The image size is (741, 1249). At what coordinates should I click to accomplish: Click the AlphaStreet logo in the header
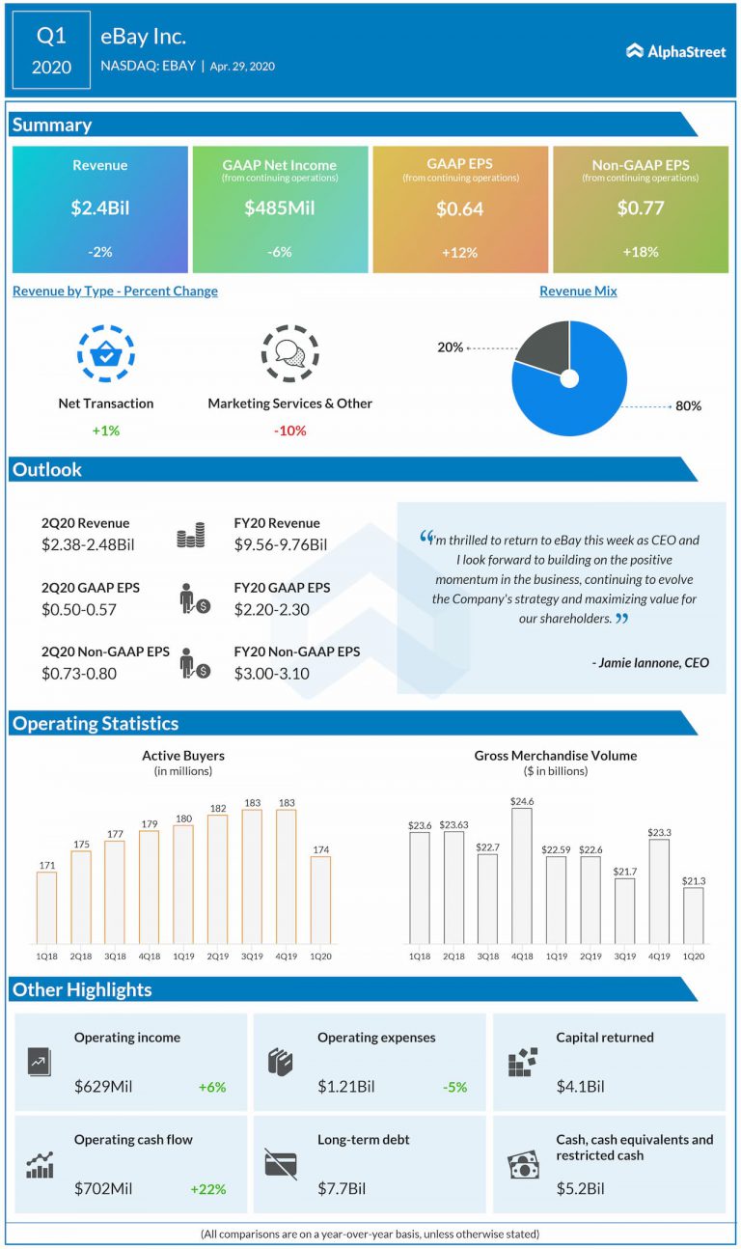675,51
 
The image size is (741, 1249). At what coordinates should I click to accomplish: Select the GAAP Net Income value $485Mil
280,208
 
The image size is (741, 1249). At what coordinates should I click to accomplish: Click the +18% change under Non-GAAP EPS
640,252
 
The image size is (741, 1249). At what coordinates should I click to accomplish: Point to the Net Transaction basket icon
105,354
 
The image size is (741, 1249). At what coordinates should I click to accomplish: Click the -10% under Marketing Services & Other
289,430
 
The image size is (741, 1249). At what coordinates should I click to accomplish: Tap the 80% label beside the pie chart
688,406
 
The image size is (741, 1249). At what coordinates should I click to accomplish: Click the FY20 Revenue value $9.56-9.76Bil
280,544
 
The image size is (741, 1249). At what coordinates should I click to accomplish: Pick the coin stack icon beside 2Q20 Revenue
190,536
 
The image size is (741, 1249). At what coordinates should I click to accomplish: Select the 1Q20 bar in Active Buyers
320,900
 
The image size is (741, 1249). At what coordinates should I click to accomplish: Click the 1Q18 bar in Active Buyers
46,907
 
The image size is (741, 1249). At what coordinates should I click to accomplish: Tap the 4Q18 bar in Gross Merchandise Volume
522,875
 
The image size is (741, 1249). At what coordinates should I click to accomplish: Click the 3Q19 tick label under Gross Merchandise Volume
624,957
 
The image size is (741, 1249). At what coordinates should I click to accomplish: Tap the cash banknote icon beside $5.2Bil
523,1164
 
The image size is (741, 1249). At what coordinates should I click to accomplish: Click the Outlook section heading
47,470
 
